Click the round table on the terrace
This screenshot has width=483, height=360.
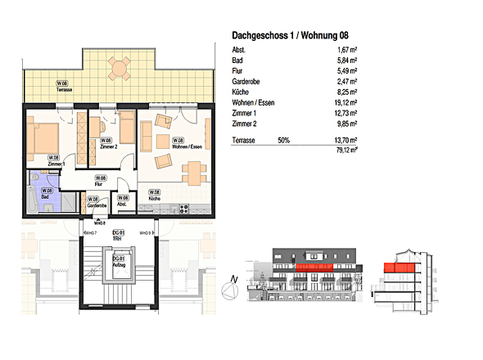120,69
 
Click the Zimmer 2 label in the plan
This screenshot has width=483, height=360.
106,142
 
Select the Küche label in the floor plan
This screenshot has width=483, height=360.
154,196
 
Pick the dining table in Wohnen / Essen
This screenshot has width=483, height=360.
193,172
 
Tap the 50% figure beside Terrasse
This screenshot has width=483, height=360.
284,141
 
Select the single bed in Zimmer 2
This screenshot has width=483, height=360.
127,130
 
